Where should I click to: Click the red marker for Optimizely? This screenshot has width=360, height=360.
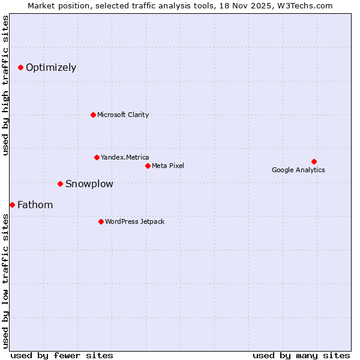click(20, 67)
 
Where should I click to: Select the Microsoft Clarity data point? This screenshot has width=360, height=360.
click(93, 115)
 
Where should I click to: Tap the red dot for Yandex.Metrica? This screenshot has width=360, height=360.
click(97, 157)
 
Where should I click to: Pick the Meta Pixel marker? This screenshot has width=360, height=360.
click(148, 166)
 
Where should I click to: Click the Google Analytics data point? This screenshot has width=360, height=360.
click(314, 161)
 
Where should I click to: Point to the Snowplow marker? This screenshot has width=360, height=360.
click(60, 184)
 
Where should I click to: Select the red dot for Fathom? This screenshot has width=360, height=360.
click(12, 205)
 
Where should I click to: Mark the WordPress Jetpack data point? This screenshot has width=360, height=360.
click(101, 221)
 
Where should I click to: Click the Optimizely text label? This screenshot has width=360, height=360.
click(51, 67)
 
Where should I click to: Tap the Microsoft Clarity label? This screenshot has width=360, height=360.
click(123, 115)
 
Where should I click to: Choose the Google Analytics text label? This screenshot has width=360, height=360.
click(298, 170)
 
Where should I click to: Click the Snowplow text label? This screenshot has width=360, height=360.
click(89, 184)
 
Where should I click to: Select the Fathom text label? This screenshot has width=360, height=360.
click(35, 205)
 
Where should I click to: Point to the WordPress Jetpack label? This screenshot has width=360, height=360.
click(134, 221)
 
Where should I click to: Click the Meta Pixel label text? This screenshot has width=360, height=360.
click(168, 166)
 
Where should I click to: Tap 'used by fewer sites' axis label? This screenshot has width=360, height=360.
click(62, 355)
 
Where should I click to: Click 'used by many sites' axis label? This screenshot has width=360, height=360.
click(301, 355)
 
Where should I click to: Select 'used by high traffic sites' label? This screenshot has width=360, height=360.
click(5, 85)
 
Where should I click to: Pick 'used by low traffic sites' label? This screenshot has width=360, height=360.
click(5, 281)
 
